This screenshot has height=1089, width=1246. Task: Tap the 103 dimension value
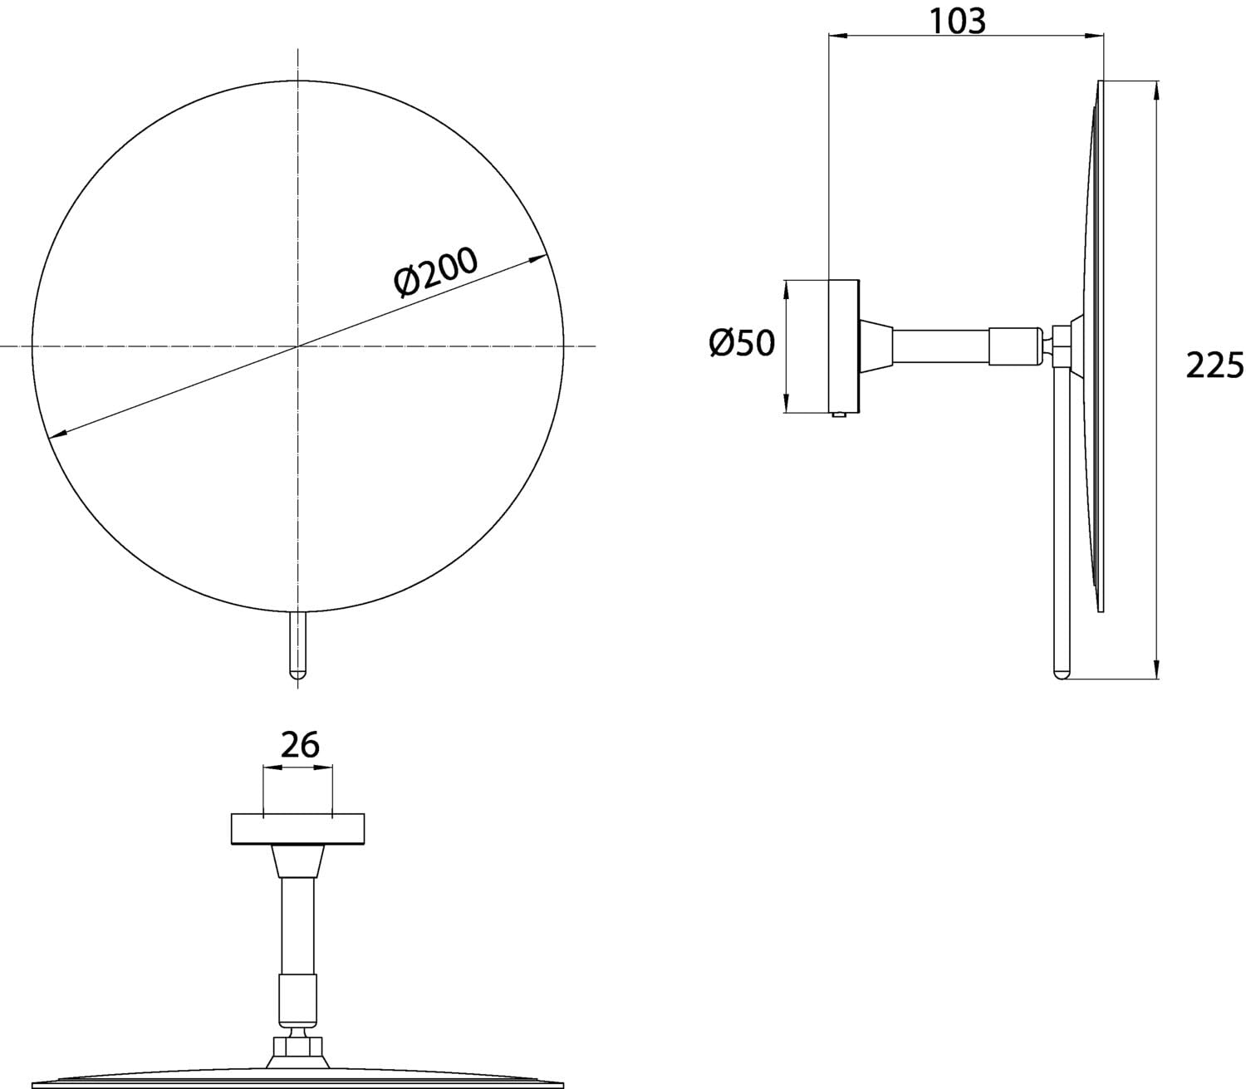[957, 22]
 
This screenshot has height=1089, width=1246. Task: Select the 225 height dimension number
[1214, 366]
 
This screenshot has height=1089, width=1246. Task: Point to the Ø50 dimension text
[742, 343]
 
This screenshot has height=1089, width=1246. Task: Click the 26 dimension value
[300, 744]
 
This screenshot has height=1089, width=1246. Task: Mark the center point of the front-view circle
[298, 346]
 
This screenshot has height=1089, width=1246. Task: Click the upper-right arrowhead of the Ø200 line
[537, 259]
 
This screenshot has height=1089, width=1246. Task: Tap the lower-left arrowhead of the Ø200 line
[57, 433]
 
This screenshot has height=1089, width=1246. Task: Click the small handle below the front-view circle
[298, 644]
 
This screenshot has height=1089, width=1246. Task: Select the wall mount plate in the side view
[844, 346]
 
